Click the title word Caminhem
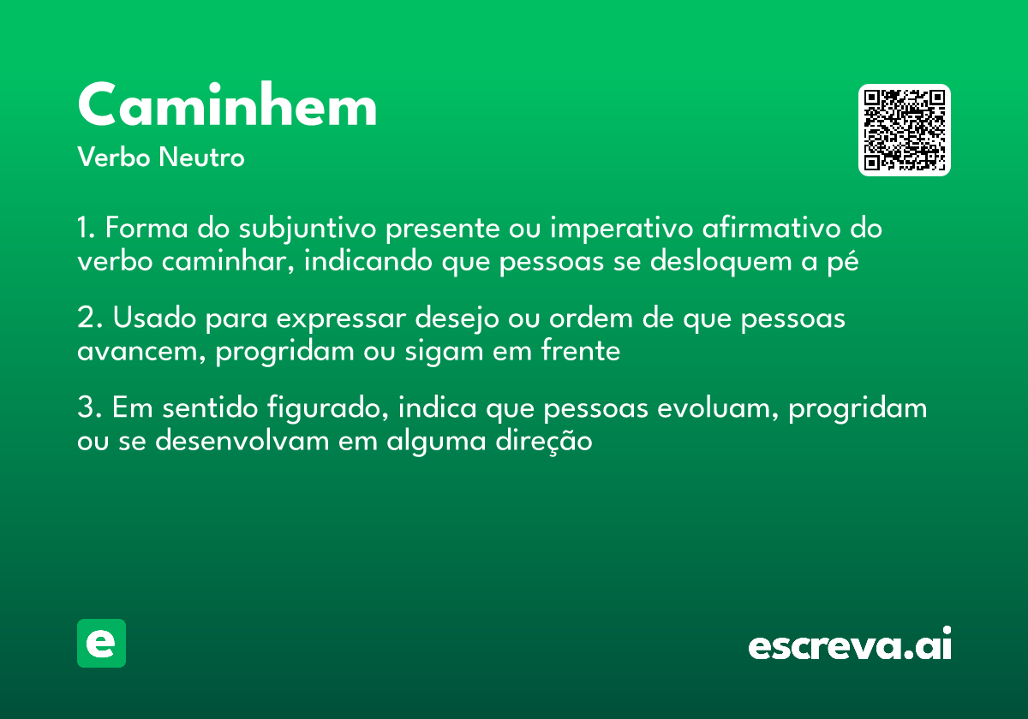(x=227, y=106)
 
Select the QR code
(x=905, y=130)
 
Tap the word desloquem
(x=722, y=262)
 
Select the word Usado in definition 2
(x=152, y=318)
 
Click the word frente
(x=579, y=351)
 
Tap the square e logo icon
(x=101, y=644)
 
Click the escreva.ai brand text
(x=849, y=645)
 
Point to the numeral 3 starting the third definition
(x=84, y=408)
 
